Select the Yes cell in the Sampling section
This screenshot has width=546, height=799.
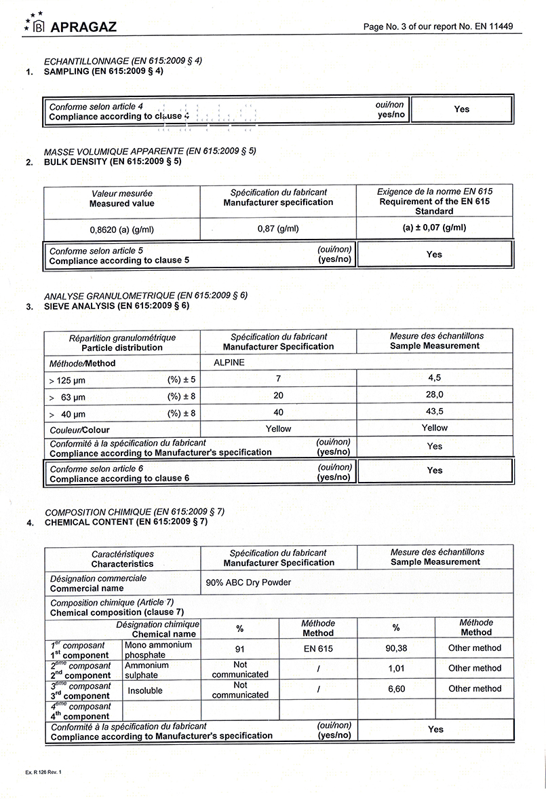click(461, 109)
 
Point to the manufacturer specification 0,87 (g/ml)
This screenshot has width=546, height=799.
click(278, 229)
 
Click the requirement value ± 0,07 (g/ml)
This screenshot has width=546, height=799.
click(434, 228)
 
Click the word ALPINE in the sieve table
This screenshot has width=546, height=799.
click(229, 363)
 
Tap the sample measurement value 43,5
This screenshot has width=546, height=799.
click(434, 412)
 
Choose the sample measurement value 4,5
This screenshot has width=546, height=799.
click(434, 378)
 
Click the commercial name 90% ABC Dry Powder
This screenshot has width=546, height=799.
click(248, 582)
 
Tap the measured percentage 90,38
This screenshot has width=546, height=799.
click(396, 648)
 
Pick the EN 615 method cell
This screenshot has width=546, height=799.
click(318, 649)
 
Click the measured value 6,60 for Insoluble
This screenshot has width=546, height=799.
click(396, 688)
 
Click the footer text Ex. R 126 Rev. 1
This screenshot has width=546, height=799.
click(47, 773)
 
